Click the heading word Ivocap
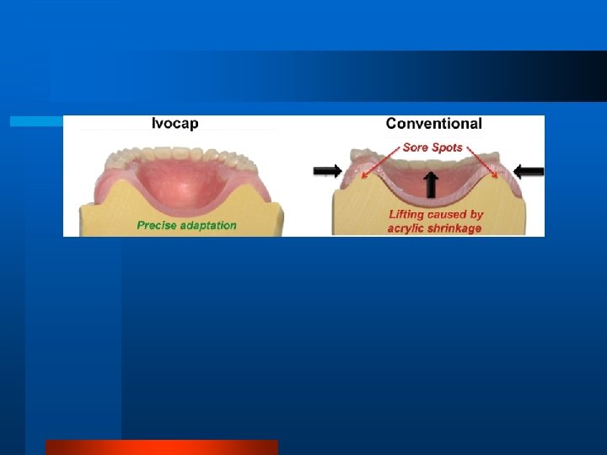175,124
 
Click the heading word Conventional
433,124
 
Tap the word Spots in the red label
448,147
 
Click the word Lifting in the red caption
407,215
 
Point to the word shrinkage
455,228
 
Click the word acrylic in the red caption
407,228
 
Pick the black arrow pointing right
327,171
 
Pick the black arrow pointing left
529,171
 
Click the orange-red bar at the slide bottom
161,447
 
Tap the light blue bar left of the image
36,121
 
